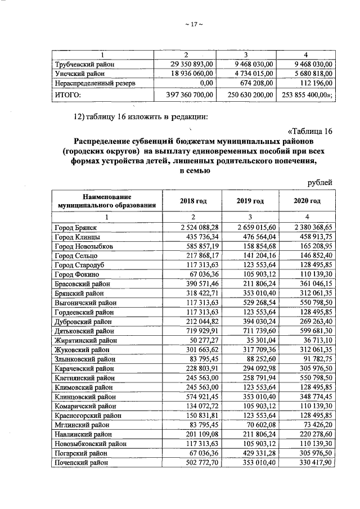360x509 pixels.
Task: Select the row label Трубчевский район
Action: pyautogui.click(x=84, y=64)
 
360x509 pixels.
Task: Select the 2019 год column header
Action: pyautogui.click(x=250, y=201)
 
